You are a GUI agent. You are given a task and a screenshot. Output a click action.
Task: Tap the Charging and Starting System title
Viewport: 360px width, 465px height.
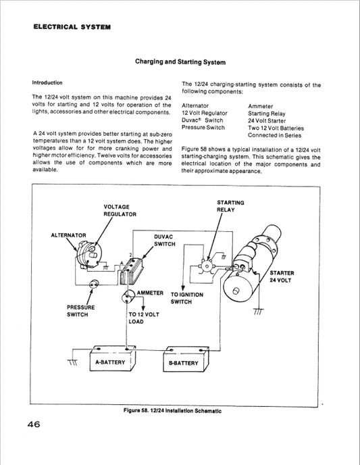point(180,62)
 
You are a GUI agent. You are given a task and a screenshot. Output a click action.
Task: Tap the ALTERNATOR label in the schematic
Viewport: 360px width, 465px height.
point(68,235)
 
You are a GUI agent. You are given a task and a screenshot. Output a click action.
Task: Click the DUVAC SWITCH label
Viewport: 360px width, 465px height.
point(165,241)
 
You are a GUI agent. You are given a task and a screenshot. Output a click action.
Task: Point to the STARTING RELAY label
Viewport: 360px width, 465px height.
point(230,205)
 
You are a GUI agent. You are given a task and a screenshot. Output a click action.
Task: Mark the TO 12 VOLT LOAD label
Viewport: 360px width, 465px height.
point(144,318)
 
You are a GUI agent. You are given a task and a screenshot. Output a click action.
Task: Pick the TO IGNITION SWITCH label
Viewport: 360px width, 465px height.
point(186,298)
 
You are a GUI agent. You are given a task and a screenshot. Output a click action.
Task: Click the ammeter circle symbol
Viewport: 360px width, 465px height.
point(127,296)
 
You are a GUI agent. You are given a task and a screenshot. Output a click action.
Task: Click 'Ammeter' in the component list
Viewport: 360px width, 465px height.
point(261,106)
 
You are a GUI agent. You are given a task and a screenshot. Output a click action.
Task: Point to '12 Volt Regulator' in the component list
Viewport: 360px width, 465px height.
point(205,114)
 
